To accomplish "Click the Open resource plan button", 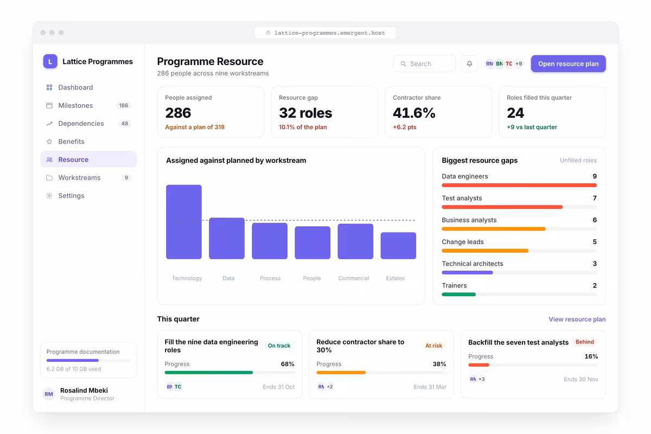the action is pyautogui.click(x=568, y=63).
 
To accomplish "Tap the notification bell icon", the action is pyautogui.click(x=469, y=63).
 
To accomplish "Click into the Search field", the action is pyautogui.click(x=425, y=63).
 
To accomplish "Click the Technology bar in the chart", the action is pyautogui.click(x=184, y=222).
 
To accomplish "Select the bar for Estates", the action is pyautogui.click(x=398, y=246).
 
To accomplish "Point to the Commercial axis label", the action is pyautogui.click(x=354, y=278).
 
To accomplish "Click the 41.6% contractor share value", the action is pyautogui.click(x=414, y=113).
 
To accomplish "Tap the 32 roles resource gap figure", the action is pyautogui.click(x=305, y=113).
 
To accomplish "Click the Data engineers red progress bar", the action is pyautogui.click(x=519, y=185).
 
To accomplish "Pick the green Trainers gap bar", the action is pyautogui.click(x=458, y=295).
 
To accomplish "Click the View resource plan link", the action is pyautogui.click(x=577, y=319).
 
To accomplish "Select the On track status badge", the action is pyautogui.click(x=279, y=346).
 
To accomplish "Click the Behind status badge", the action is pyautogui.click(x=585, y=342).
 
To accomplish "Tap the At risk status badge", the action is pyautogui.click(x=433, y=346).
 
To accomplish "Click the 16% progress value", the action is pyautogui.click(x=591, y=356).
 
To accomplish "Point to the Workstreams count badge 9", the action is pyautogui.click(x=126, y=177).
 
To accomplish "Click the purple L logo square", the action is pyautogui.click(x=50, y=61).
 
